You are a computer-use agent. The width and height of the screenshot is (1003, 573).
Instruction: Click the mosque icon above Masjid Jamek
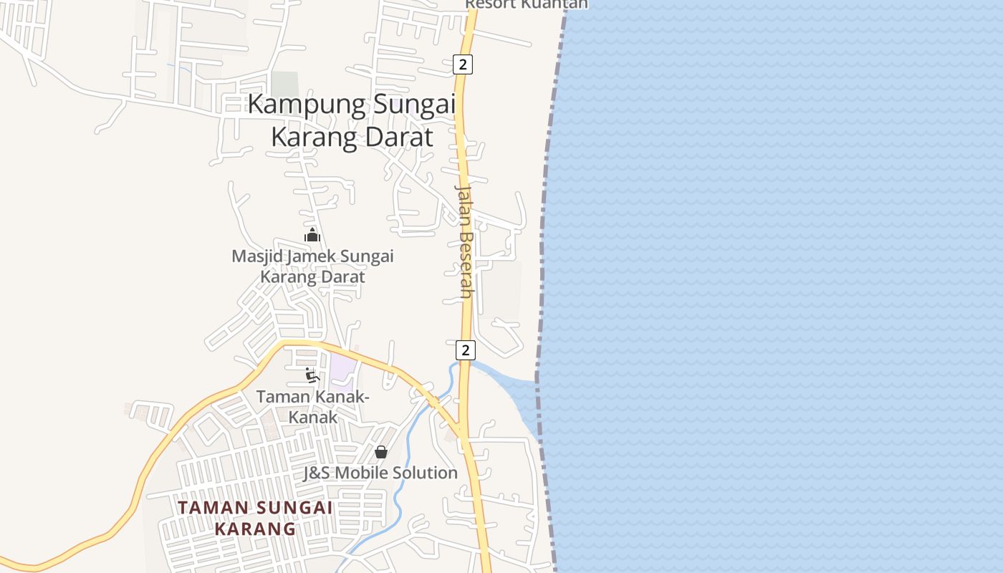click(312, 235)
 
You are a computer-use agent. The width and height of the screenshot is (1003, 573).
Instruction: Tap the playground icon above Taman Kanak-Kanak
click(312, 375)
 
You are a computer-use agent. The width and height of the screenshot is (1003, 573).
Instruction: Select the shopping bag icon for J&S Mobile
click(381, 452)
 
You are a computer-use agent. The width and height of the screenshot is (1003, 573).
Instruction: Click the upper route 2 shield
click(463, 64)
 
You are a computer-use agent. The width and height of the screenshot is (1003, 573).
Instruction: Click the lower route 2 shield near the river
click(466, 350)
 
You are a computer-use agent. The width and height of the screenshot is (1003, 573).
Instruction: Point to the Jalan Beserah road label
click(465, 241)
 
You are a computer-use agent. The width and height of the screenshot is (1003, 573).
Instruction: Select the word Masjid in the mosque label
click(259, 256)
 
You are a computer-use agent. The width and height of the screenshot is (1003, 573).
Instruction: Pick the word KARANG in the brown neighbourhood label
click(255, 529)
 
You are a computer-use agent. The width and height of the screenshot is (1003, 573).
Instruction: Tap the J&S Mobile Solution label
click(380, 473)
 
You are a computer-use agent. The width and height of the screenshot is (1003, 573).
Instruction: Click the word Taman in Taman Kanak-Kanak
click(282, 396)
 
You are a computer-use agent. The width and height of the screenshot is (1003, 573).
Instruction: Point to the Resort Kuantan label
click(526, 4)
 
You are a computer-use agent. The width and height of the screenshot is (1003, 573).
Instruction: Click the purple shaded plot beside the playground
click(342, 368)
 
